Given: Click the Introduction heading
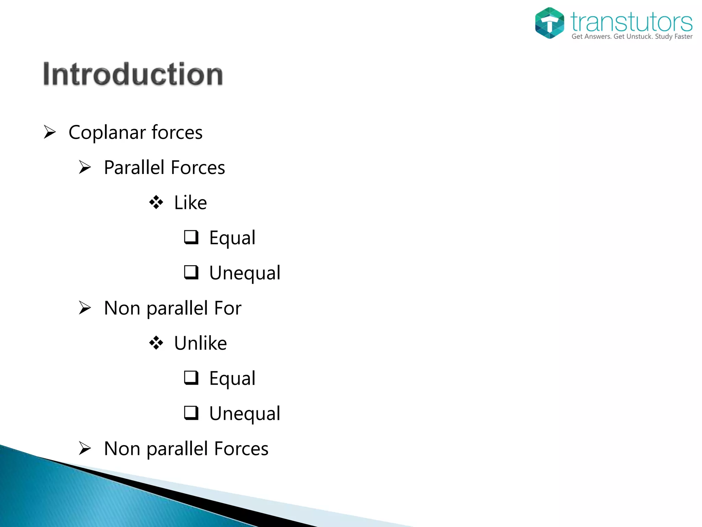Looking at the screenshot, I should pyautogui.click(x=133, y=74).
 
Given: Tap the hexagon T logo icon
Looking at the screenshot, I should pyautogui.click(x=549, y=23).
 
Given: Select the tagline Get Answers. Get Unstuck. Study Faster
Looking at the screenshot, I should pyautogui.click(x=632, y=36).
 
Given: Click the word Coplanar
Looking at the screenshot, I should pyautogui.click(x=108, y=132).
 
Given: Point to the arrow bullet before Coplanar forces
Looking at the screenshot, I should pyautogui.click(x=50, y=132).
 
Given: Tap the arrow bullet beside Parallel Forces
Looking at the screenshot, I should pyautogui.click(x=85, y=167).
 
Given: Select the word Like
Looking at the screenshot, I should pyautogui.click(x=191, y=202).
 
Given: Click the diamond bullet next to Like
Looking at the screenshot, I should pyautogui.click(x=156, y=202).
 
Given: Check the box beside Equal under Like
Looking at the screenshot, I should pyautogui.click(x=191, y=237).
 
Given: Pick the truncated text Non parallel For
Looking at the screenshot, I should pyautogui.click(x=172, y=308).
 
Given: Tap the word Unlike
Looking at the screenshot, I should pyautogui.click(x=201, y=343).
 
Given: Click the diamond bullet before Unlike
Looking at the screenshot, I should pyautogui.click(x=156, y=343).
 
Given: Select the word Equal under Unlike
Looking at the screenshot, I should pyautogui.click(x=232, y=378).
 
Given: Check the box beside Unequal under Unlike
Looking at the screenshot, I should pyautogui.click(x=191, y=413).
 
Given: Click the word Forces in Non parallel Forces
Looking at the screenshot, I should pyautogui.click(x=241, y=449).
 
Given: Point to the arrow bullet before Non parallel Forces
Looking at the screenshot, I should pyautogui.click(x=85, y=448).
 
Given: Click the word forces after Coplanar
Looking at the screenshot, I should pyautogui.click(x=177, y=132).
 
